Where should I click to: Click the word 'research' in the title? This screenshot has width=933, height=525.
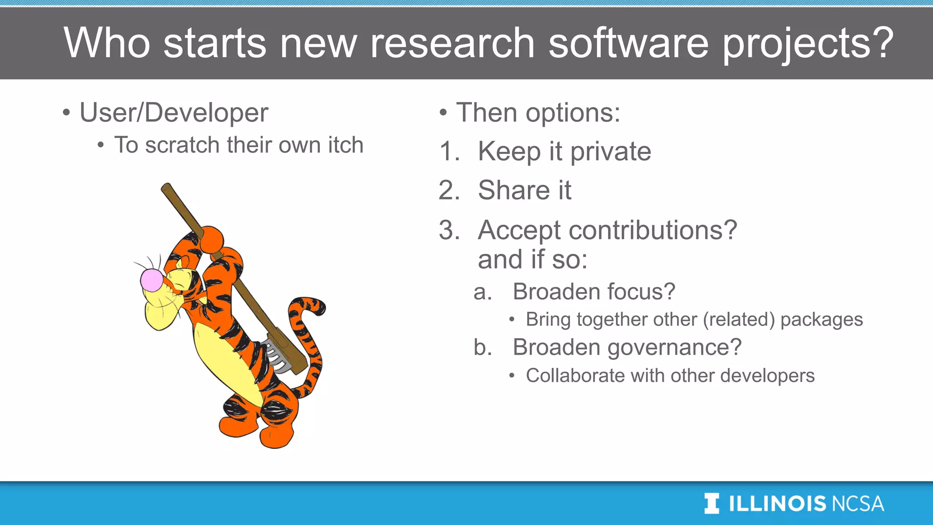(452, 43)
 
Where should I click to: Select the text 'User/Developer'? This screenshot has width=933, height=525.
(174, 113)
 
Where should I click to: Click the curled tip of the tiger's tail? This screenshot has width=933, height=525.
(319, 307)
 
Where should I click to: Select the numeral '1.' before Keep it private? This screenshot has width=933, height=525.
(449, 151)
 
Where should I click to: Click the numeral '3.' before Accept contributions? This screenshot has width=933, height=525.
(449, 230)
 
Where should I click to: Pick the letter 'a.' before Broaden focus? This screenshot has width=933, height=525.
(483, 292)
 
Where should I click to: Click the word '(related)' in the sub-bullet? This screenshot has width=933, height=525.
(738, 319)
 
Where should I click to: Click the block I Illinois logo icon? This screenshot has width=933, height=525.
(712, 504)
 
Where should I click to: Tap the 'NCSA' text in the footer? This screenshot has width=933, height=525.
(857, 504)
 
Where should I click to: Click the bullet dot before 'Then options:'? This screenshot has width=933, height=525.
(443, 113)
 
